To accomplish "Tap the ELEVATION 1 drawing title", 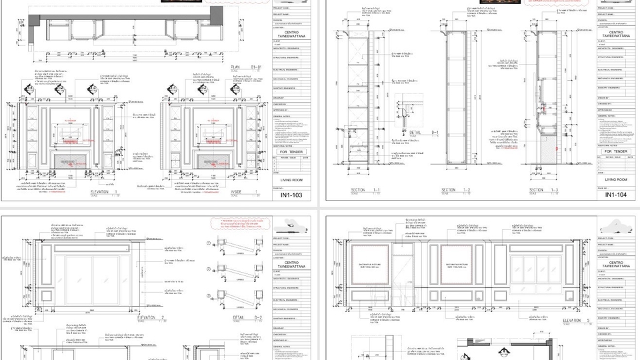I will click(x=105, y=192).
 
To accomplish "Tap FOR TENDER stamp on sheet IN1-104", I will click(x=616, y=152).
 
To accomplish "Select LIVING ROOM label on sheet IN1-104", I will click(x=616, y=179).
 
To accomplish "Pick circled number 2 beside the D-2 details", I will click(x=209, y=269).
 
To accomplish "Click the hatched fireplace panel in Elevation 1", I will click(x=70, y=162).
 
